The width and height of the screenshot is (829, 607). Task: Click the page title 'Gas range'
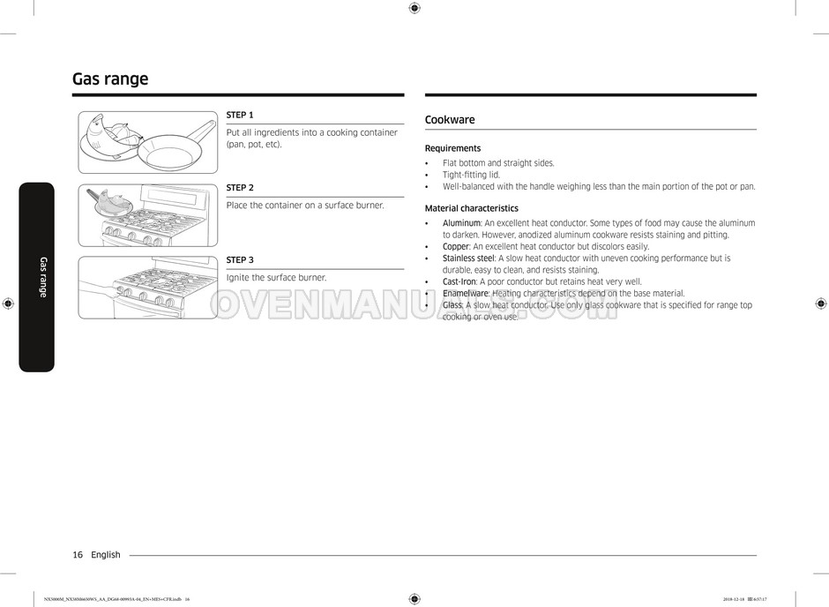(x=110, y=79)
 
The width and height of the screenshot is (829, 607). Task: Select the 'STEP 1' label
(x=240, y=115)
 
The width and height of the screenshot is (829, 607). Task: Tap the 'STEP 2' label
(x=240, y=188)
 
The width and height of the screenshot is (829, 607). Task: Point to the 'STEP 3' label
(x=240, y=260)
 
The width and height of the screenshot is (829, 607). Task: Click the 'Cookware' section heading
(x=450, y=120)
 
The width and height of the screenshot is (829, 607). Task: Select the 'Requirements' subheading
(x=452, y=148)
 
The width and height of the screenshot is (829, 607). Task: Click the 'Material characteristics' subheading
(x=471, y=209)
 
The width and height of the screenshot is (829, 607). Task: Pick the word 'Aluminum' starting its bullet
(x=461, y=223)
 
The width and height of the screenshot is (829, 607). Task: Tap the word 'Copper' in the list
(x=456, y=247)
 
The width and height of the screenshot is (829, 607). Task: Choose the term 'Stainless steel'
(x=468, y=259)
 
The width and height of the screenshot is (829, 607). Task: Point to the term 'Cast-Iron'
(x=459, y=281)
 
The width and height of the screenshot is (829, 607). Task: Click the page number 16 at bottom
(x=78, y=555)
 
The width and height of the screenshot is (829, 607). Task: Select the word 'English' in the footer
(x=106, y=555)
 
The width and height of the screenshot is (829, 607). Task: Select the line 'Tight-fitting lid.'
(x=471, y=175)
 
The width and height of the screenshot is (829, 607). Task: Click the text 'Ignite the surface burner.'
(x=276, y=278)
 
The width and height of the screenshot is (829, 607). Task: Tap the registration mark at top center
(x=414, y=8)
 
